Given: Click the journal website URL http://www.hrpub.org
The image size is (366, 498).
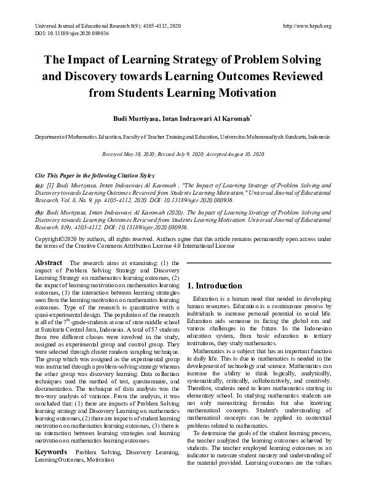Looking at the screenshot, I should [x=306, y=26].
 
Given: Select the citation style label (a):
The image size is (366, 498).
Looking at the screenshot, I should [x=40, y=185].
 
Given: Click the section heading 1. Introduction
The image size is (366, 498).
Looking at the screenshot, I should [x=215, y=285].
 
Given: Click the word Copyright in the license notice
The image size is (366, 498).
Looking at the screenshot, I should [x=47, y=238].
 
